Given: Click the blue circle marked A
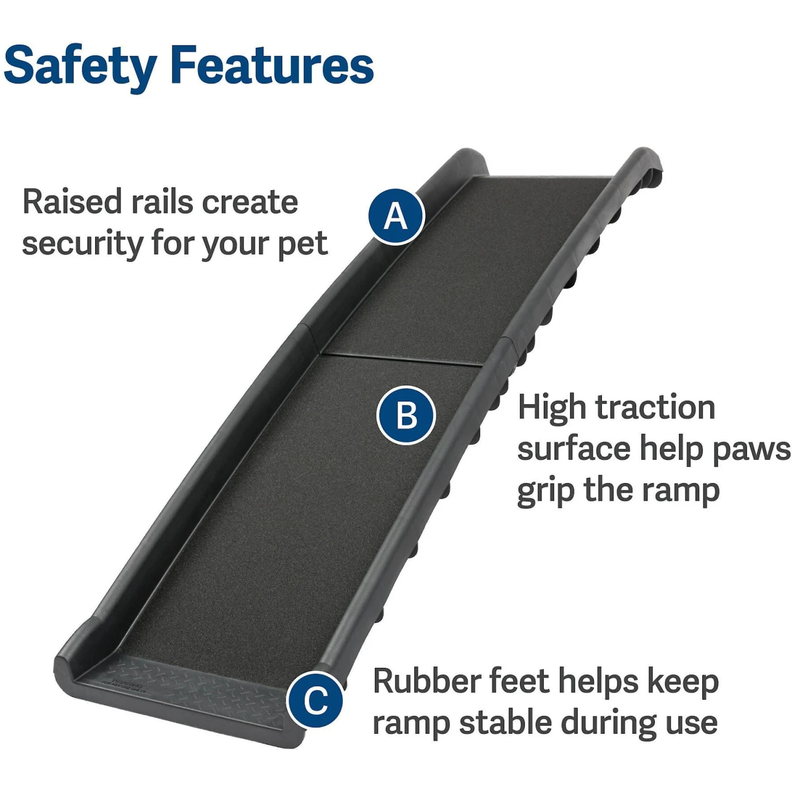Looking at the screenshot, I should tap(397, 216).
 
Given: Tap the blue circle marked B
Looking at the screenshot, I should tap(406, 415).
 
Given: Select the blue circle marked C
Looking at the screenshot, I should tap(316, 700).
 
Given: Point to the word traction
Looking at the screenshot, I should tap(655, 408).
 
